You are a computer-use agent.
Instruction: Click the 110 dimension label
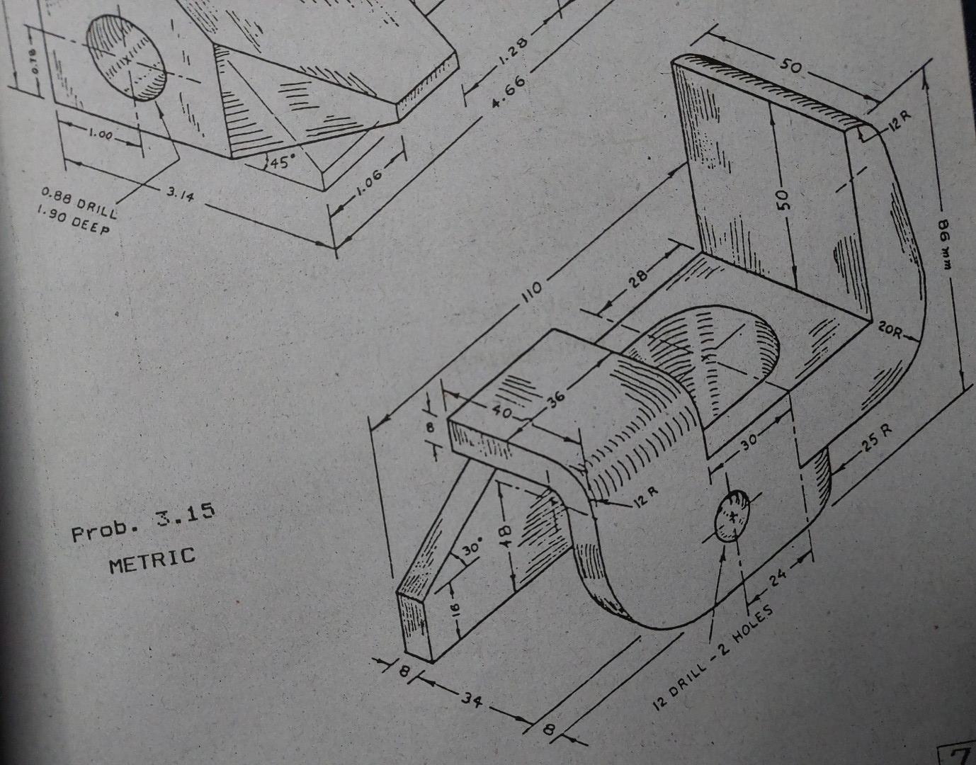pyautogui.click(x=532, y=290)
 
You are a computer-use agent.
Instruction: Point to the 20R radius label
pyautogui.click(x=891, y=329)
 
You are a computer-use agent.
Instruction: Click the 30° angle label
pyautogui.click(x=472, y=548)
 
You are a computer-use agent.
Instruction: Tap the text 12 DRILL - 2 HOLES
pyautogui.click(x=713, y=658)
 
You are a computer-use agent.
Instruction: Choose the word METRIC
pyautogui.click(x=152, y=560)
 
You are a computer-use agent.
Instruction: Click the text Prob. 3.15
pyautogui.click(x=142, y=521)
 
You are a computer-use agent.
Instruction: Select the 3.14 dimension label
pyautogui.click(x=180, y=193)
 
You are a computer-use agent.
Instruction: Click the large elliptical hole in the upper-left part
pyautogui.click(x=127, y=57)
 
